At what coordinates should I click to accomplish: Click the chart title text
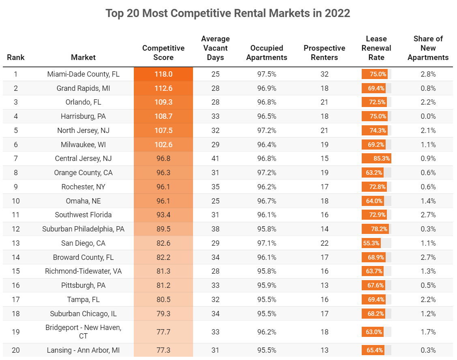coord(228,13)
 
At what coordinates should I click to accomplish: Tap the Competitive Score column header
coord(163,53)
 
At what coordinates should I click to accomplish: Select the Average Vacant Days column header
coord(215,48)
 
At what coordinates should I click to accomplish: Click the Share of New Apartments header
coord(428,48)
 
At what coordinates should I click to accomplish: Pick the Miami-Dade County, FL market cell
coord(83,74)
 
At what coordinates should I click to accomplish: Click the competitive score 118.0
coord(163,74)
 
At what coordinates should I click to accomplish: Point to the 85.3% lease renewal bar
coord(376,159)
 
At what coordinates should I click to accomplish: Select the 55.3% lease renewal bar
coord(371,243)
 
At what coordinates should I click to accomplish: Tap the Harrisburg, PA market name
coord(83,116)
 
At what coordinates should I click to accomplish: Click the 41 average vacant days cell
coord(215,159)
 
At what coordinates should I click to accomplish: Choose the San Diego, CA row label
coord(83,243)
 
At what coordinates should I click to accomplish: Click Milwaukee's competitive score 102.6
coord(163,144)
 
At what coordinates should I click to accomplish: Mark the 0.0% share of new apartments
coord(428,116)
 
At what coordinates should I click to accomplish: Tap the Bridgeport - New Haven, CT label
coord(83,332)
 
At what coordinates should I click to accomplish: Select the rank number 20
coord(16,350)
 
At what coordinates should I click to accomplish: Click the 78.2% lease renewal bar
coord(375,229)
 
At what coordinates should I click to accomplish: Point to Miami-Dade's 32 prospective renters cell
coord(324,74)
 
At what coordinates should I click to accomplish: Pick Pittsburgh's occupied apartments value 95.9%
coord(266,285)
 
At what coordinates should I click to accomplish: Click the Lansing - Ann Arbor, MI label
coord(83,350)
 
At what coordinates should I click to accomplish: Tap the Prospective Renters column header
coord(324,53)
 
